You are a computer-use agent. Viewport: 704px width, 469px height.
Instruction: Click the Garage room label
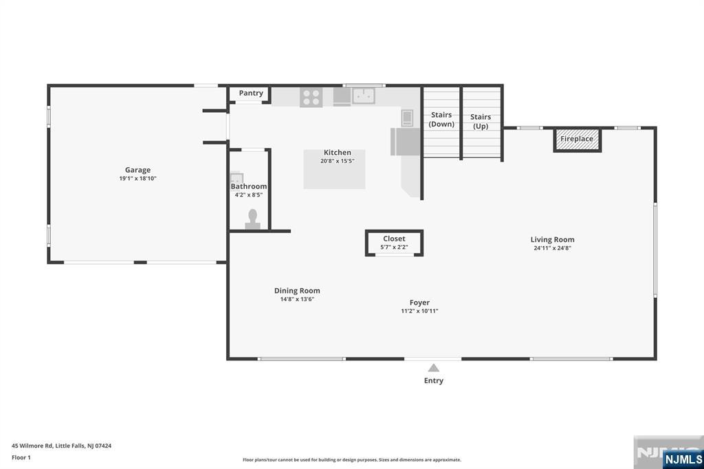tap(137, 170)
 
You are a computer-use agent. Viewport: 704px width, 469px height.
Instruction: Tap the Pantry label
tap(251, 93)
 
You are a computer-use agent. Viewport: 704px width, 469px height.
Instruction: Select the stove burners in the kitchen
tap(311, 97)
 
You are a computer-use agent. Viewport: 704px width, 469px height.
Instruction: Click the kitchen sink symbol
tap(363, 96)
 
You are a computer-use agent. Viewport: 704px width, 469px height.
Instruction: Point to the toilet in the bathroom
tap(252, 218)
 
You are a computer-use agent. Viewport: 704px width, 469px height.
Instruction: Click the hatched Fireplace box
tap(577, 140)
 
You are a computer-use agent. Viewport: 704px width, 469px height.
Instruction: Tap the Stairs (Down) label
tap(441, 120)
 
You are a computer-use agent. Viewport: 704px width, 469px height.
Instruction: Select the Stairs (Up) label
tap(481, 121)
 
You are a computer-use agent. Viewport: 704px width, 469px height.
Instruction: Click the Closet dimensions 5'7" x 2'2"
tap(394, 247)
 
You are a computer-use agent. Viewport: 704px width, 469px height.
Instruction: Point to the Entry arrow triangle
tap(433, 368)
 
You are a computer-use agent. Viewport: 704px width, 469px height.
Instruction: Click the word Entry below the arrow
tap(434, 380)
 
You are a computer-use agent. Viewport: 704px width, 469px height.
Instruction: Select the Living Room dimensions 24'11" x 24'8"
tap(552, 248)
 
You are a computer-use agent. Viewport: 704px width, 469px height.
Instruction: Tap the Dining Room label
tap(297, 291)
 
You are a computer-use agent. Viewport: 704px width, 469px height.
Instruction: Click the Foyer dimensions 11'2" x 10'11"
tap(419, 311)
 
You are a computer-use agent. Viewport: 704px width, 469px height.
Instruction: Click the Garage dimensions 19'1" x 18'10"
tap(137, 179)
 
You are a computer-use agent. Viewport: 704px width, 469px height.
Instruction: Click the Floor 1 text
tap(21, 457)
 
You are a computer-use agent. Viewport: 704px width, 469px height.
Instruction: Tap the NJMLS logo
tap(682, 459)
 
